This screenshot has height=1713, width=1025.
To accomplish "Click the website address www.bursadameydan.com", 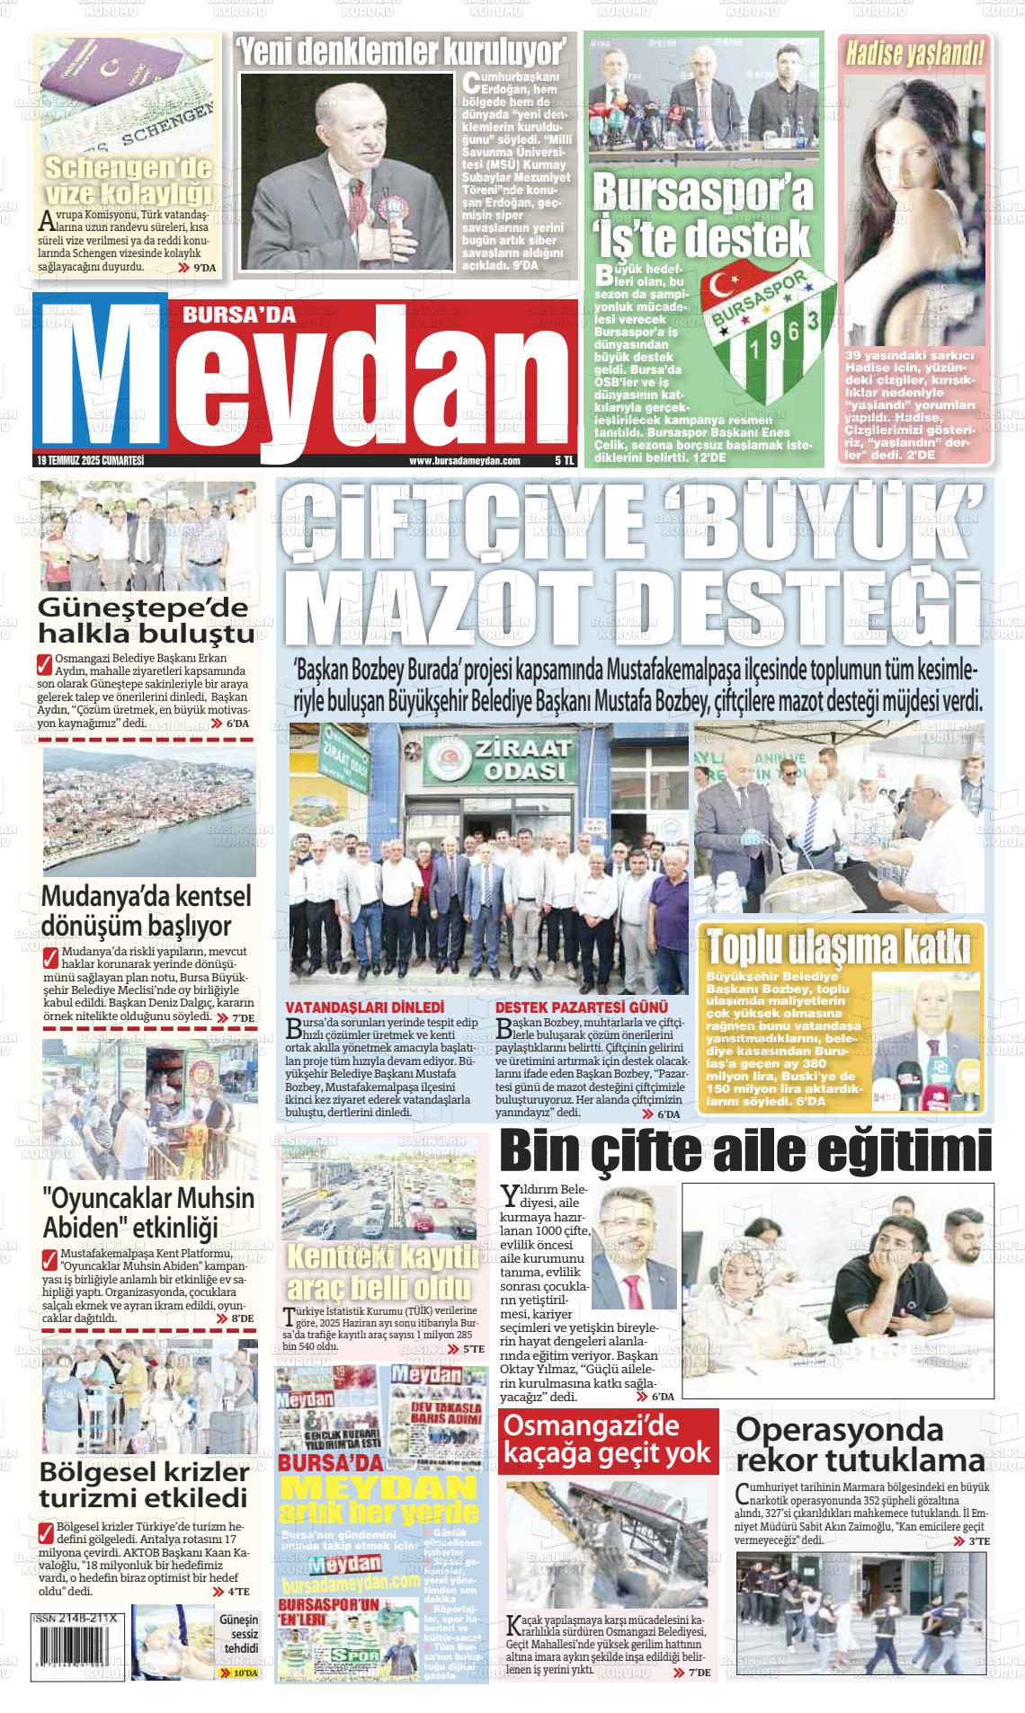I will pyautogui.click(x=465, y=460).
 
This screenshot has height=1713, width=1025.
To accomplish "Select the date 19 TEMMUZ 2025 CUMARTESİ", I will pyautogui.click(x=91, y=460).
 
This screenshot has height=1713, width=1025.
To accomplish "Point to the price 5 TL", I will pyautogui.click(x=565, y=460).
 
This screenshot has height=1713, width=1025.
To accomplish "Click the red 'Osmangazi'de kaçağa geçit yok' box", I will pyautogui.click(x=608, y=1440).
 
